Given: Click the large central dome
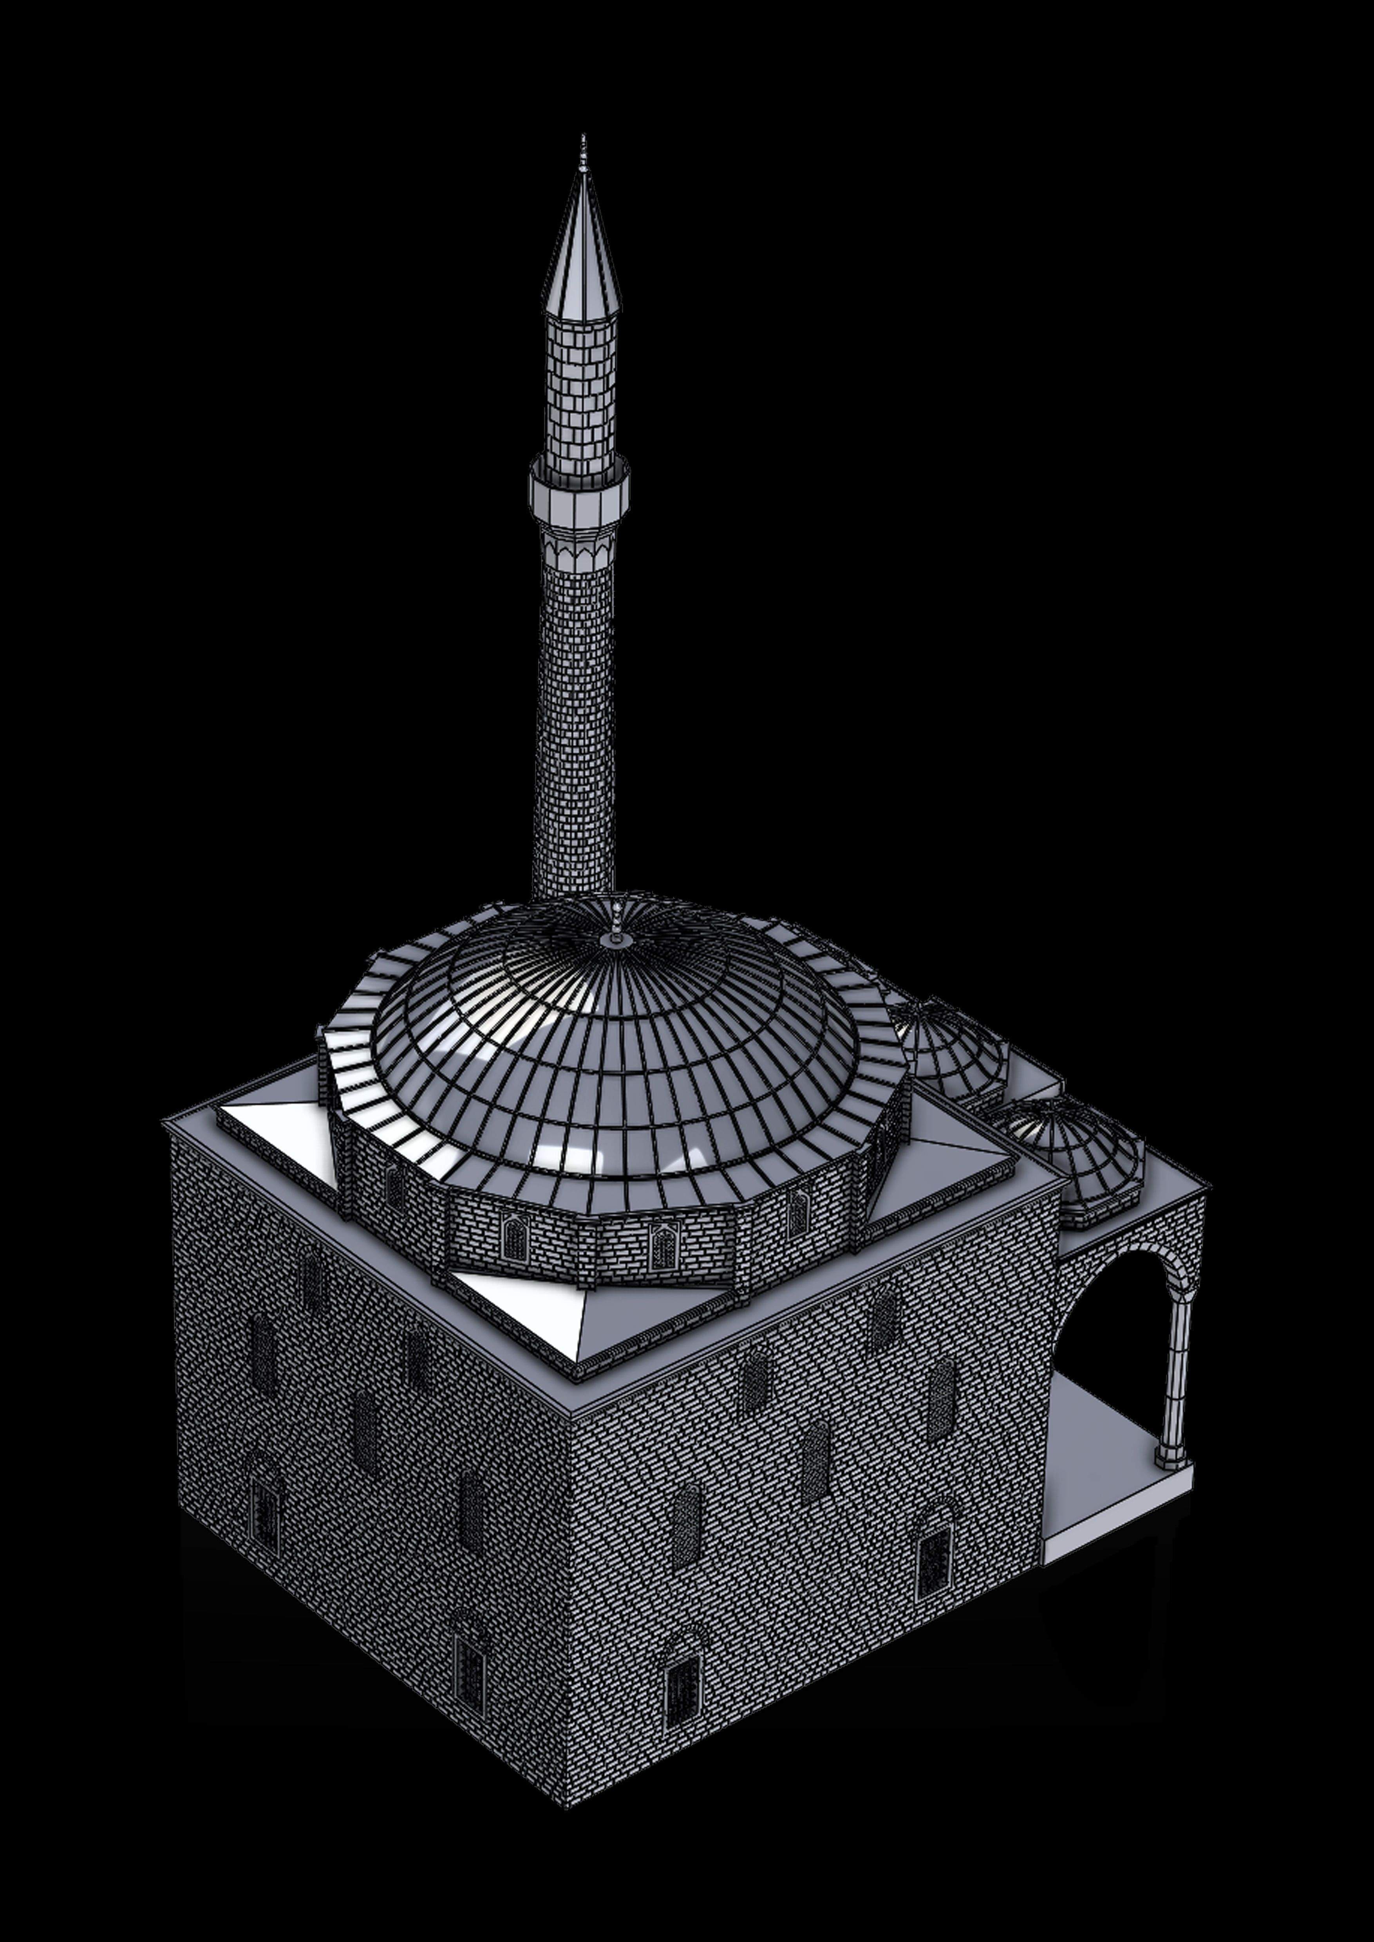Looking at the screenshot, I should click(618, 1040).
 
